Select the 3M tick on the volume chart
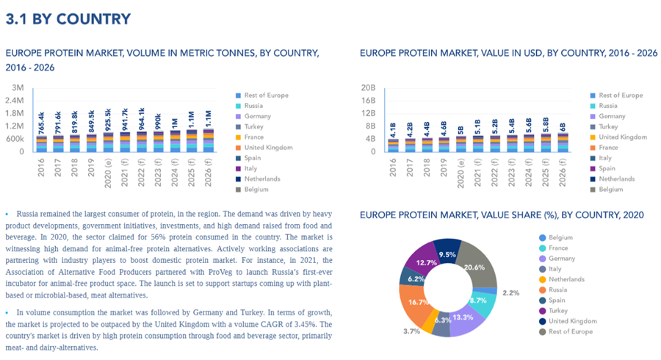click(x=18, y=87)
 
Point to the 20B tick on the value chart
click(x=369, y=87)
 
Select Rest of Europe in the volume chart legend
click(x=267, y=96)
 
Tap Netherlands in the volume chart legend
click(x=263, y=179)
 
